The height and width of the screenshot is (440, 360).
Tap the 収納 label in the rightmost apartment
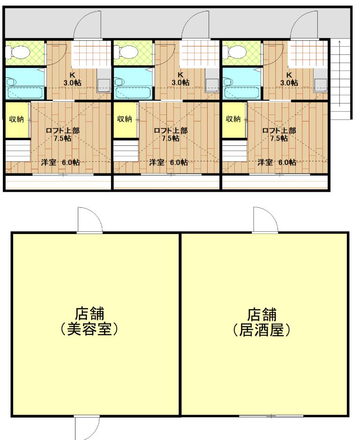[x=233, y=119]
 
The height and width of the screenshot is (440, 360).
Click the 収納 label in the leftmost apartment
[x=16, y=119]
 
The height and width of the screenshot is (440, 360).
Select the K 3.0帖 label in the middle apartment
[x=180, y=79]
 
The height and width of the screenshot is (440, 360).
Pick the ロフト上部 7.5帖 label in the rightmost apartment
[x=279, y=134]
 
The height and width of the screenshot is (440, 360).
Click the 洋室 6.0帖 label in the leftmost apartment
[x=60, y=162]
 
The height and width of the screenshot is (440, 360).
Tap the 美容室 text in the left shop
[x=89, y=329]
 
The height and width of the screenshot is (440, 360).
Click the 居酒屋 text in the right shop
[x=262, y=330]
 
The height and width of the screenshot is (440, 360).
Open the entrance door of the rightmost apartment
[x=305, y=25]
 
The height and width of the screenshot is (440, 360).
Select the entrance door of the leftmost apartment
[x=87, y=25]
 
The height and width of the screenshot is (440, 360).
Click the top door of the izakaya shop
[x=265, y=220]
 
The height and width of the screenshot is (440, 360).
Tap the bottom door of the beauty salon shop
[x=87, y=428]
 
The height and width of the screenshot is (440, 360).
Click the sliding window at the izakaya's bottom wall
[x=271, y=416]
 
